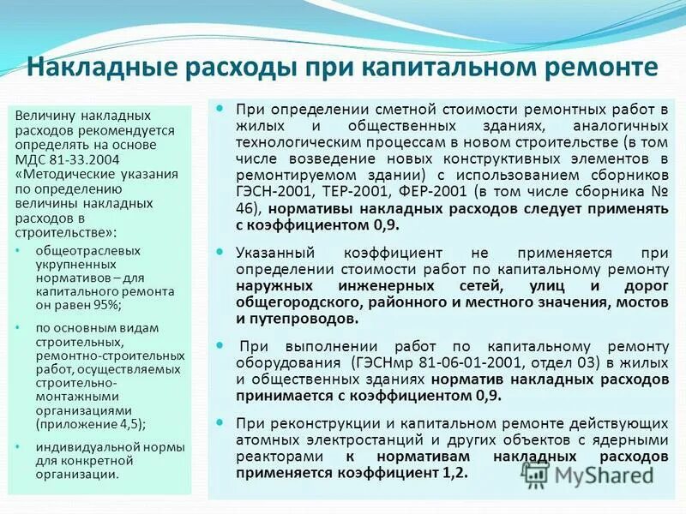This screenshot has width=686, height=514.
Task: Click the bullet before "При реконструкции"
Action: point(220,423)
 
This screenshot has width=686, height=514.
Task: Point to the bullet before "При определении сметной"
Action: point(220,110)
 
